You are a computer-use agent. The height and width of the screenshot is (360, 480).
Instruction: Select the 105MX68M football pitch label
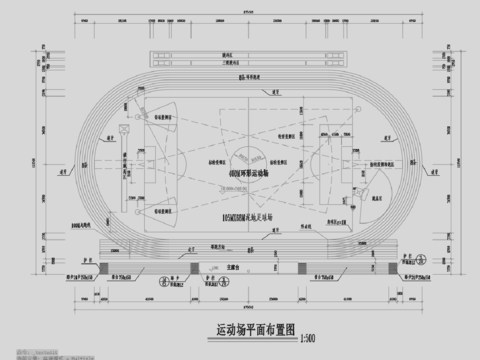click(238, 214)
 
